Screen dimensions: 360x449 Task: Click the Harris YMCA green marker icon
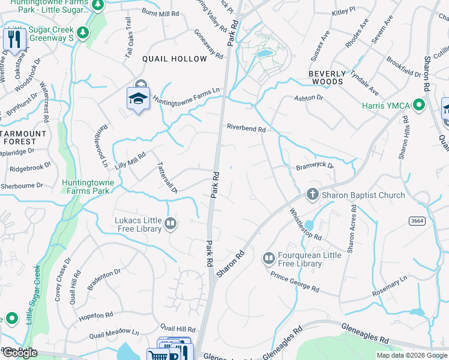(419, 106)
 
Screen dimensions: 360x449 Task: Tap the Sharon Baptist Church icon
(312, 194)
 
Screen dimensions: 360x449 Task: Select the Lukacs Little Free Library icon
(171, 224)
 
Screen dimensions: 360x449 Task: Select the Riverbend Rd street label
(246, 127)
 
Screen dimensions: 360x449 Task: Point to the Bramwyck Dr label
(314, 167)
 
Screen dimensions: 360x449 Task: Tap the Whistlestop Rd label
(306, 224)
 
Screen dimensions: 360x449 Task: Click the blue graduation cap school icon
(138, 98)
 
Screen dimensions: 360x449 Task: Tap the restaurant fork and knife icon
(13, 40)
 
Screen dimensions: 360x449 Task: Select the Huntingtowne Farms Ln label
(186, 96)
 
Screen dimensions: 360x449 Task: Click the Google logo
(19, 353)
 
